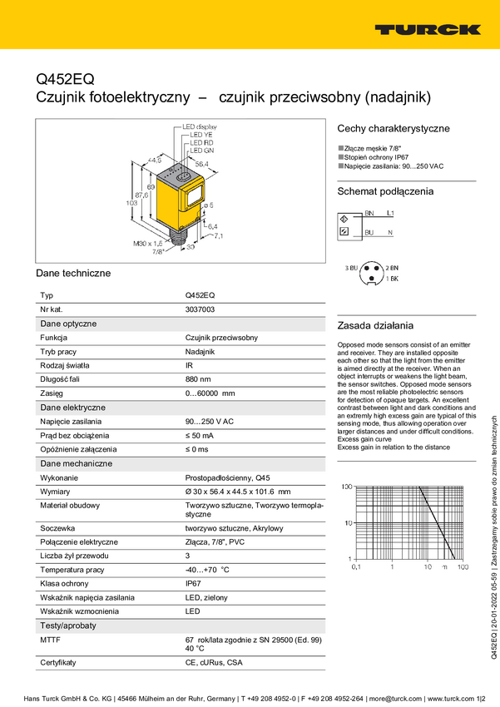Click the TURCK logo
(427, 30)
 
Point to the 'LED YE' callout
(201, 135)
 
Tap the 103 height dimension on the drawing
(130, 202)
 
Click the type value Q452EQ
(200, 294)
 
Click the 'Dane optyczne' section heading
(69, 323)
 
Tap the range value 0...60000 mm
(210, 393)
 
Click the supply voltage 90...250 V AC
(209, 422)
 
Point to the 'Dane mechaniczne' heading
(76, 463)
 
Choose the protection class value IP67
(194, 584)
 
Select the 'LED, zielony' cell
(205, 598)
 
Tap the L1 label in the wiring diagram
(391, 214)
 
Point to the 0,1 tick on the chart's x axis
(356, 566)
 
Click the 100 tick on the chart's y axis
(347, 486)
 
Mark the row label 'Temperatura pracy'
(72, 570)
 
